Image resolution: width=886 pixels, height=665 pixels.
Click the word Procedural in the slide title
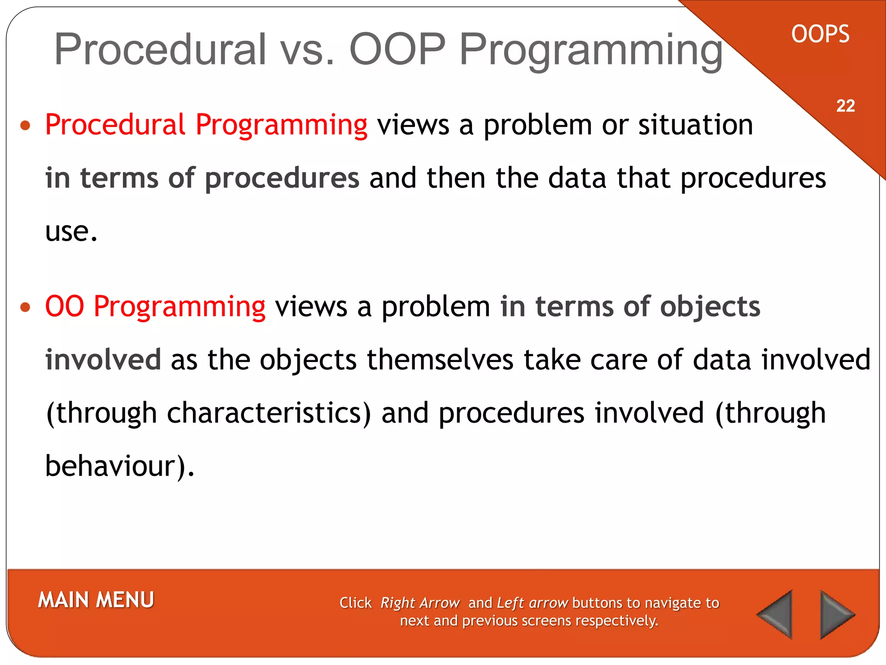pos(160,49)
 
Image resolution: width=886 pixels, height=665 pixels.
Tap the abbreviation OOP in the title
pos(397,49)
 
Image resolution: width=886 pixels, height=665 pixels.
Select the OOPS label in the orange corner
pos(820,34)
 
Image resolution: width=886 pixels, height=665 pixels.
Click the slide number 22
pos(845,106)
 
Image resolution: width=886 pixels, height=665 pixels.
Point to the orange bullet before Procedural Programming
pos(26,126)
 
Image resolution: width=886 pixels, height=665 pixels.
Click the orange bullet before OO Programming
pos(26,307)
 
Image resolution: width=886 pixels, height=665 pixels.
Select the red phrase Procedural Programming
pos(206,125)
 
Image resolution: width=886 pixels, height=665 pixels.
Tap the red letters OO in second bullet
pos(64,307)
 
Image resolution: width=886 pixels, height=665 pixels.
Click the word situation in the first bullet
pos(696,125)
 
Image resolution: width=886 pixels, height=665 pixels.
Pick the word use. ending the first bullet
pos(71,232)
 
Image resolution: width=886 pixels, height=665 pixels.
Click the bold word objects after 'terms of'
pos(709,307)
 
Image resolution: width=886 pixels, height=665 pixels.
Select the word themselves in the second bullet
pos(440,360)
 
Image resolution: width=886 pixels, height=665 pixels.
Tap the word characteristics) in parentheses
pos(269,413)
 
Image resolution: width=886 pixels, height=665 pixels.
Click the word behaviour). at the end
pos(120,466)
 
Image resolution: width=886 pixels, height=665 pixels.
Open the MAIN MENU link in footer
pos(96,600)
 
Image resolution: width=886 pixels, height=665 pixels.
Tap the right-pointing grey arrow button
pos(835,614)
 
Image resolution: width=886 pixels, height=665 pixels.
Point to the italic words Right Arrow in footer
pos(420,603)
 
